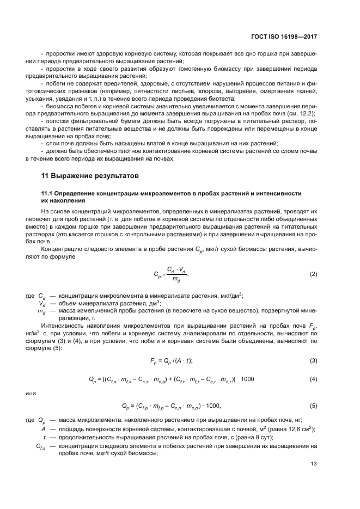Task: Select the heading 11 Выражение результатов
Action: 90,176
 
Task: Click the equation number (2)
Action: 313,274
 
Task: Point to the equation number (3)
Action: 313,360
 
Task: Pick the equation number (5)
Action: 313,406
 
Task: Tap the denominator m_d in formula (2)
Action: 175,279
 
